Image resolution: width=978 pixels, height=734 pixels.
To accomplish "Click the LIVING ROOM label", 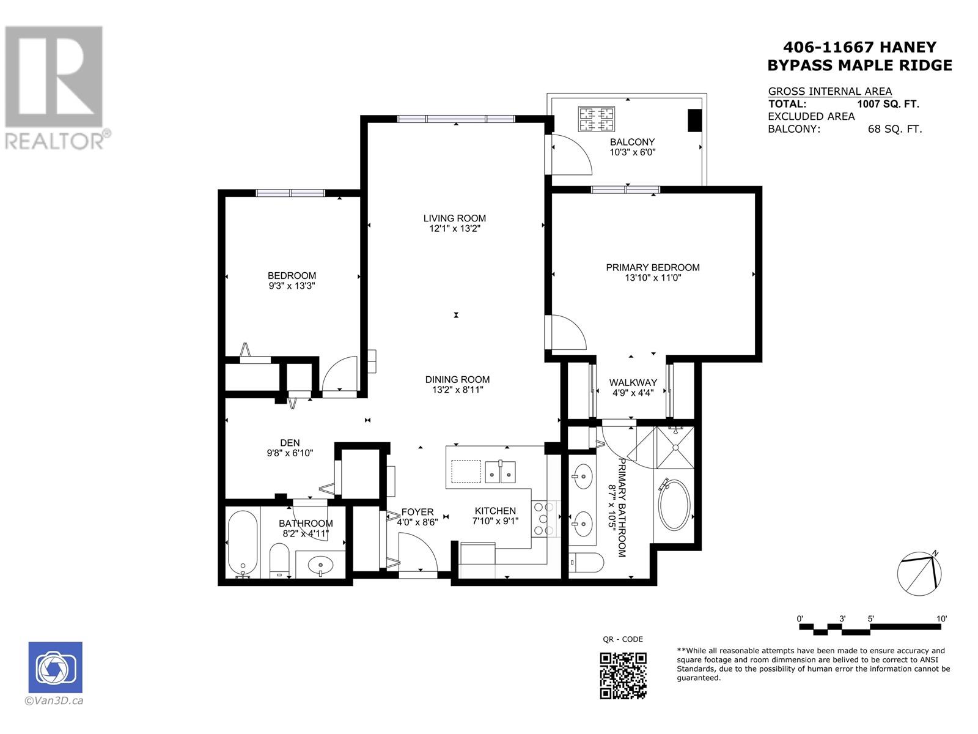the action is click(x=455, y=218).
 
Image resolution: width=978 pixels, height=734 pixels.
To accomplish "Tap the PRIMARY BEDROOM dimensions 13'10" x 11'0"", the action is click(x=653, y=278).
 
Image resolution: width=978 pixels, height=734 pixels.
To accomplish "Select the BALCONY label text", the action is click(x=632, y=142).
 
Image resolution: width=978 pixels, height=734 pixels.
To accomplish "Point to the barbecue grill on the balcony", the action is click(x=596, y=119).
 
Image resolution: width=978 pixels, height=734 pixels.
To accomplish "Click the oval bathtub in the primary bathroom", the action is click(x=674, y=505).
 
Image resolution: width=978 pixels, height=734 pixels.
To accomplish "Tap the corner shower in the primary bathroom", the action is click(x=675, y=448).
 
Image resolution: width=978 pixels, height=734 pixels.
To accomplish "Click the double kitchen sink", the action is click(x=500, y=472).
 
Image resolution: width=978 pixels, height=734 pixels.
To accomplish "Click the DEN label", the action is click(x=290, y=443).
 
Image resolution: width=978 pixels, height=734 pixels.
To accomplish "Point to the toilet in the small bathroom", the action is click(x=279, y=560).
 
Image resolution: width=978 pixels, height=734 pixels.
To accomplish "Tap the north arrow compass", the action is click(x=919, y=574).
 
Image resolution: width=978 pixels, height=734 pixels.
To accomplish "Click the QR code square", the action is click(x=623, y=676).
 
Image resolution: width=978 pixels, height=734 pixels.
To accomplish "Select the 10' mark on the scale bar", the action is click(x=941, y=618).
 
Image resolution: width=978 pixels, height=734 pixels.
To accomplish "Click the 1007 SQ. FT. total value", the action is click(x=888, y=104).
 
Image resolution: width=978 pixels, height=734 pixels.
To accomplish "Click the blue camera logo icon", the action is click(x=55, y=667).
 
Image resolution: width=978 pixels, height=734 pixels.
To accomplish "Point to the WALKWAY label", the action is click(x=633, y=382).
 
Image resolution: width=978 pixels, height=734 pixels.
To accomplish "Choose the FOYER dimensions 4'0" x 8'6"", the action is click(x=417, y=522).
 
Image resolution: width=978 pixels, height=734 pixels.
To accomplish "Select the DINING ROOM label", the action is click(x=457, y=380).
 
